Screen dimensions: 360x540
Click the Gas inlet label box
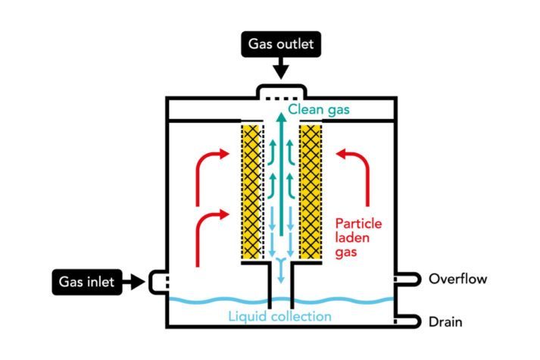click(x=87, y=283)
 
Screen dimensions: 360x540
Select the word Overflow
click(x=457, y=279)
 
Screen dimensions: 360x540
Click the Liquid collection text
click(x=280, y=315)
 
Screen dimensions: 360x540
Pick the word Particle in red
click(x=357, y=224)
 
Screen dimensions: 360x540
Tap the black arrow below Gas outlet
click(x=280, y=70)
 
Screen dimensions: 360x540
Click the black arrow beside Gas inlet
click(x=134, y=283)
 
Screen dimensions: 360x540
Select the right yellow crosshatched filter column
click(x=311, y=189)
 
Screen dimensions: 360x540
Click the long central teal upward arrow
click(x=281, y=174)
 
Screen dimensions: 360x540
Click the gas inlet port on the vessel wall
click(x=160, y=283)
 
